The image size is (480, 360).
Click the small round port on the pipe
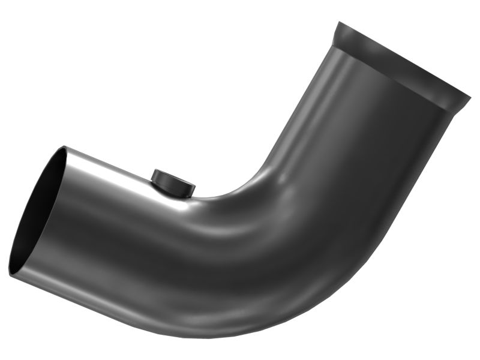[173, 184]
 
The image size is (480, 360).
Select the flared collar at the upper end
[402, 66]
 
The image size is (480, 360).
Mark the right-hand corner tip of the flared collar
[470, 96]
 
